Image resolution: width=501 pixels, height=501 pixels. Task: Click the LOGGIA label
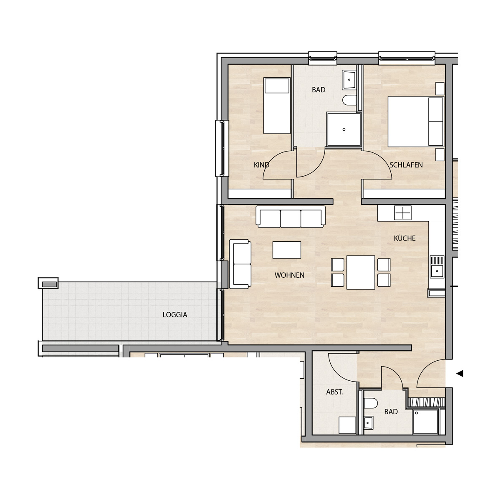pos(175,315)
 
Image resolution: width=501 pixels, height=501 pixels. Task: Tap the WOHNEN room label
pos(289,275)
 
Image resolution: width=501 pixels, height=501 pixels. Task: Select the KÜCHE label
pos(405,238)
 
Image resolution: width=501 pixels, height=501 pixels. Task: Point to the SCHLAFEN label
pos(406,165)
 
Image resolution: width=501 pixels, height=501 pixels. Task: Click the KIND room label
pos(261,165)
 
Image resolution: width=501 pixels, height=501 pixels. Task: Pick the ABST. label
pos(335,392)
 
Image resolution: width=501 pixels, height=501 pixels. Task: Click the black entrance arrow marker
pos(460,374)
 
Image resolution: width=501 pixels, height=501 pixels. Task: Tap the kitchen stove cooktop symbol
pos(403,213)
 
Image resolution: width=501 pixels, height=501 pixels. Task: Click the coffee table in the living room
pos(287,250)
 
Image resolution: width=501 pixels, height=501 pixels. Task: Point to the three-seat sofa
pos(291,217)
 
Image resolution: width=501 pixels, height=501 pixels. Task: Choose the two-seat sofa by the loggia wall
pos(240,264)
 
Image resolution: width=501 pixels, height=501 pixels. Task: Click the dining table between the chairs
pos(361,273)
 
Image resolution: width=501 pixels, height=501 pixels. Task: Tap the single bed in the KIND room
pos(277,106)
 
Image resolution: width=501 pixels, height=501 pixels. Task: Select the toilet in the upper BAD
pos(349,100)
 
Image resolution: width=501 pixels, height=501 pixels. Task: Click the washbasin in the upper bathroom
pos(349,80)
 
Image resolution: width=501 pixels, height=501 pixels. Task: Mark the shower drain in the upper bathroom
pos(344,129)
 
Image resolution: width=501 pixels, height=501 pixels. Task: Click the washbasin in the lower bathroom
pos(368,423)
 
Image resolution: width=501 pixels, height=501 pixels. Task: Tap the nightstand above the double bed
pos(440,89)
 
